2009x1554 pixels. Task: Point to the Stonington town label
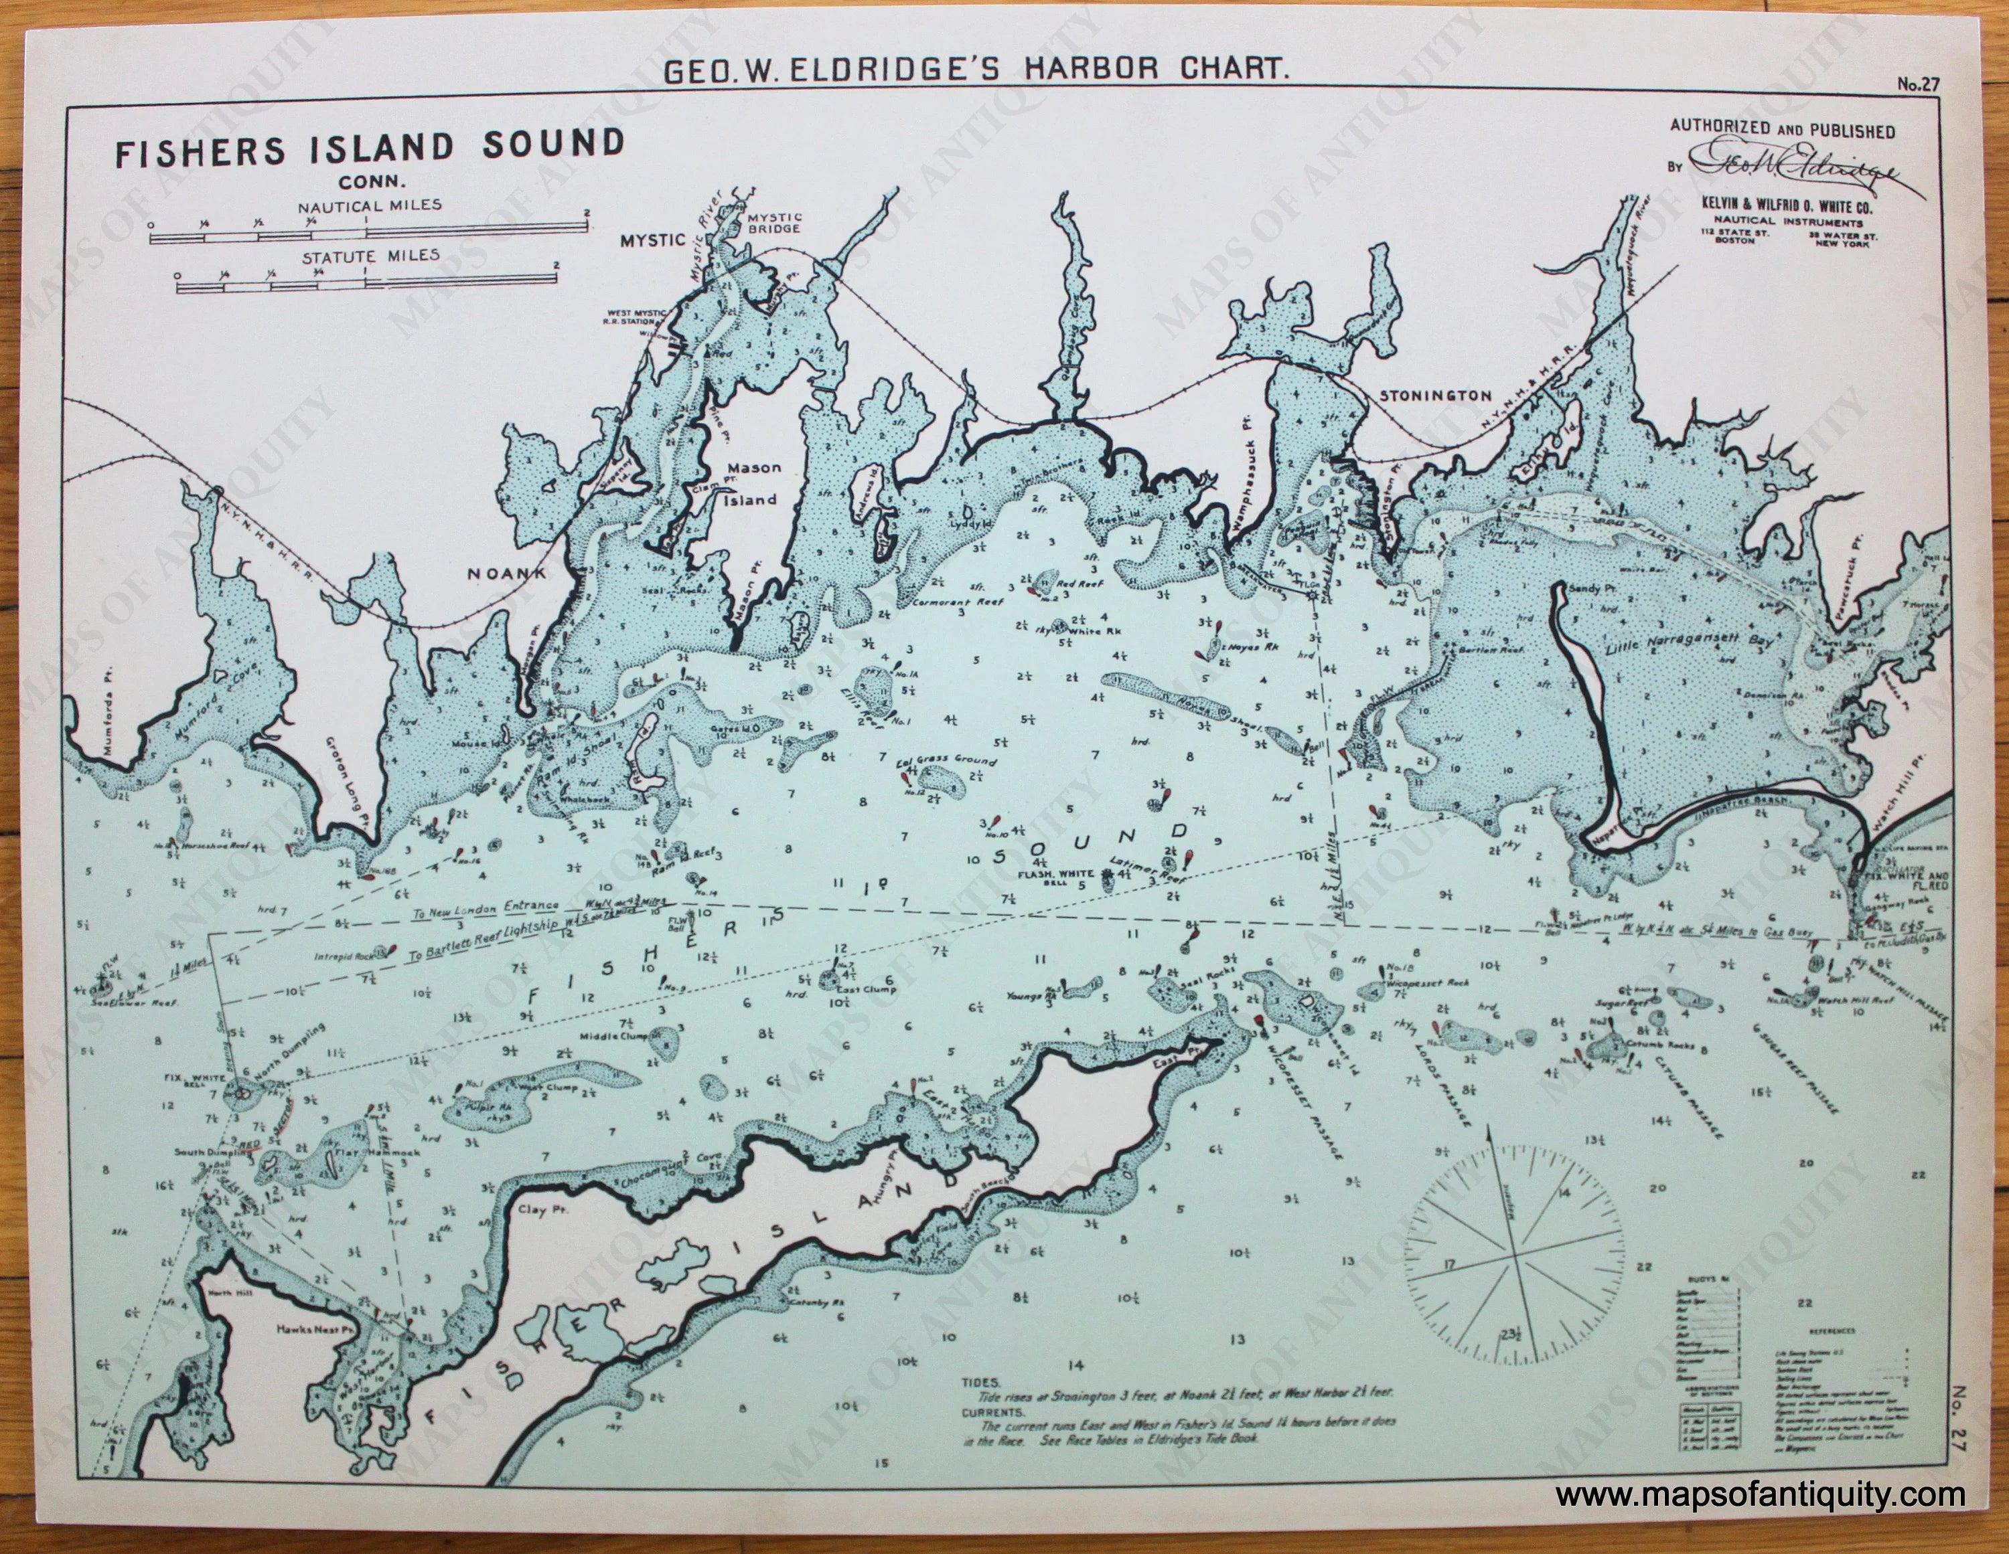pyautogui.click(x=1434, y=396)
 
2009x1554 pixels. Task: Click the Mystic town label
pyautogui.click(x=653, y=241)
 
